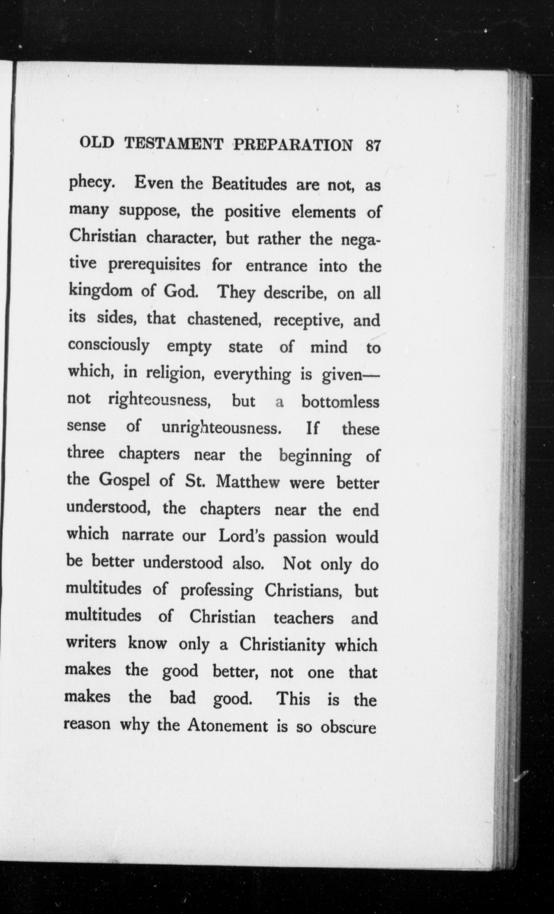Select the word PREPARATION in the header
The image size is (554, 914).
tap(293, 145)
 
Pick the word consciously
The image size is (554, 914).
tap(109, 346)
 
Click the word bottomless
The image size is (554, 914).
tap(340, 402)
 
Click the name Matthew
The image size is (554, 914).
tap(246, 482)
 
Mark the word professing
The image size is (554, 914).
tap(217, 591)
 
